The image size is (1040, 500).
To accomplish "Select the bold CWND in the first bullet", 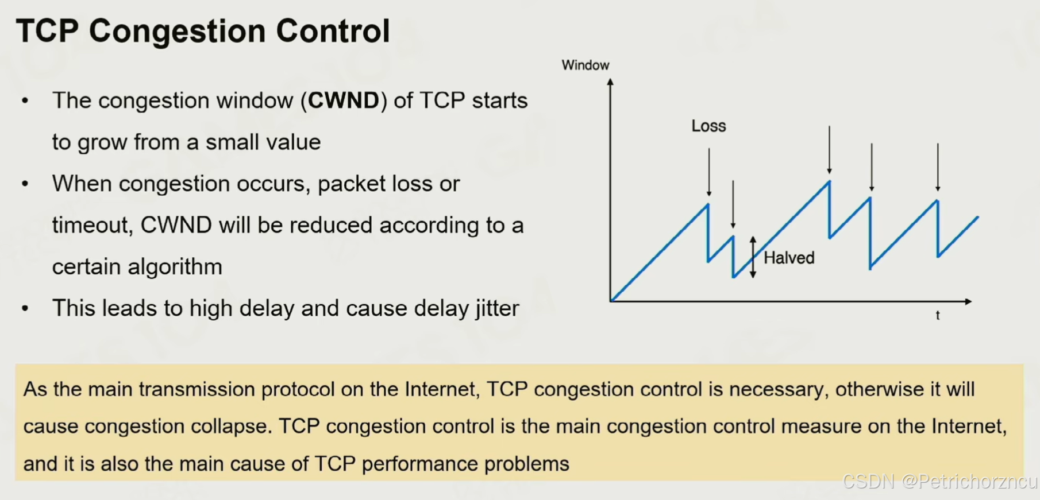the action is tap(344, 100).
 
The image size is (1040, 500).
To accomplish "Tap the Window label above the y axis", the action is tap(586, 65).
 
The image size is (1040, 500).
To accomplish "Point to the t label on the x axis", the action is tap(938, 315).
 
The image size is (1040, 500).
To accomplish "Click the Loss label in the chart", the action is tap(708, 126).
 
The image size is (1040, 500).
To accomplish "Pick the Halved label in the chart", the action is tap(789, 258).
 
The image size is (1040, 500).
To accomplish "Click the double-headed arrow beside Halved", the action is tap(753, 257).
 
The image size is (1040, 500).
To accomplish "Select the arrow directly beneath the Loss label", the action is tap(709, 172).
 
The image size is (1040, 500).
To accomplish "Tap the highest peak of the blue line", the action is tap(829, 181).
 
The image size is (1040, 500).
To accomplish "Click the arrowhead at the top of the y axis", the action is tap(610, 82).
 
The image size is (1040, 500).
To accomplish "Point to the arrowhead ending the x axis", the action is tap(968, 301).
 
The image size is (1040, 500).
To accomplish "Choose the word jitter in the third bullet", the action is tap(498, 309).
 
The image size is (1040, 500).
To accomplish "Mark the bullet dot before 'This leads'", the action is tap(25, 309).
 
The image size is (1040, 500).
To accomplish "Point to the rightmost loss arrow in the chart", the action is tap(938, 167).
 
